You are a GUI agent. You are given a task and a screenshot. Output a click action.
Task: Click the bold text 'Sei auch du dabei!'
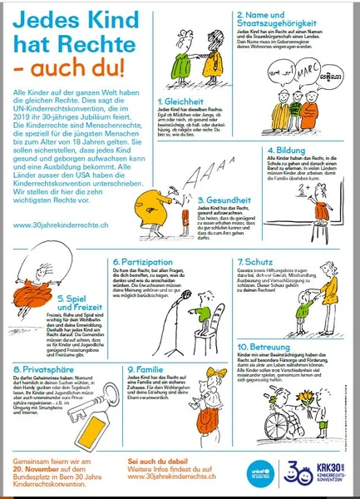155,459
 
